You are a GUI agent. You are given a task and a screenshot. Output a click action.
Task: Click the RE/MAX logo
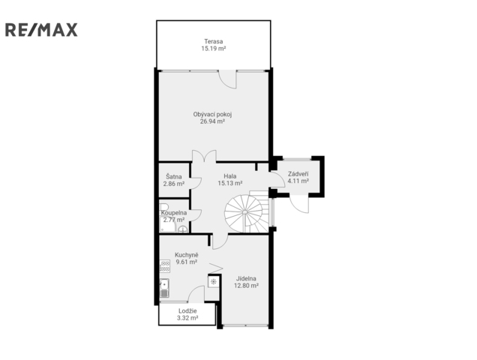41,30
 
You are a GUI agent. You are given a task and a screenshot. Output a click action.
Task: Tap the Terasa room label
213,41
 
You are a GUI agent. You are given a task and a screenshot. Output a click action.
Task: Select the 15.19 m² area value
213,49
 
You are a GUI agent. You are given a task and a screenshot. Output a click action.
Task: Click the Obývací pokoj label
213,115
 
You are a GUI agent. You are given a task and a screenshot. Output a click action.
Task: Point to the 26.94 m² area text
212,121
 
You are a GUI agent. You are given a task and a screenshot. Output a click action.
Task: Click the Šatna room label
174,176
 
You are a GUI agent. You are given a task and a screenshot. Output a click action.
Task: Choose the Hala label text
230,176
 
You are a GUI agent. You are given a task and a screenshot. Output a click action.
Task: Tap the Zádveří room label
298,174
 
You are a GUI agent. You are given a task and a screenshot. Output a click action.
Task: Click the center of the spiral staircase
244,211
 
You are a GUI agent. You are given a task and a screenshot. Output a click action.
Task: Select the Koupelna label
174,213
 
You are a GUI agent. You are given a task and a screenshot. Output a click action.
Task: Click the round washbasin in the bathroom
182,229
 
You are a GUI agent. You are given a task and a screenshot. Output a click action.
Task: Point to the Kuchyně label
186,255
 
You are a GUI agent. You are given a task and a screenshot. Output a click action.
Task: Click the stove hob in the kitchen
164,266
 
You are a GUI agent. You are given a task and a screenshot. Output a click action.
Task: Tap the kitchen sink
164,288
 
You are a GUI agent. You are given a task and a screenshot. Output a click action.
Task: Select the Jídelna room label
246,278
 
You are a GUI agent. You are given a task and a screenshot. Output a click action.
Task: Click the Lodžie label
187,311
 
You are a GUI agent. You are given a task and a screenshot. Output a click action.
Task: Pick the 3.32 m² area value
187,318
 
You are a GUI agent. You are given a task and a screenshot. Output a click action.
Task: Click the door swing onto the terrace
227,79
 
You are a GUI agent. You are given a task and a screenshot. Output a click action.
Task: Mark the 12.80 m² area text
246,286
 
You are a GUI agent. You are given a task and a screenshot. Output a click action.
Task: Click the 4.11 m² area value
298,181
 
